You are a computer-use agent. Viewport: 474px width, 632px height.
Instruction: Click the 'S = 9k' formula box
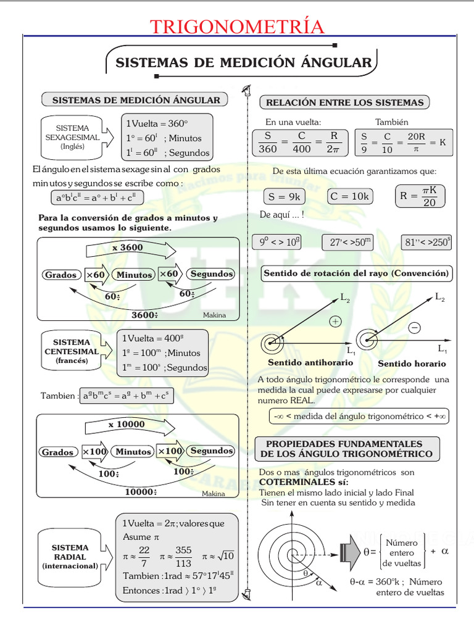(284, 196)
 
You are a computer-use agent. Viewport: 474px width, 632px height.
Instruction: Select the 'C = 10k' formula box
(349, 196)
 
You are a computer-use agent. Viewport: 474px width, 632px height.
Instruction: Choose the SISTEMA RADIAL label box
(70, 557)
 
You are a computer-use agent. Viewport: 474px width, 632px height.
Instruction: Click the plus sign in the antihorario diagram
(335, 322)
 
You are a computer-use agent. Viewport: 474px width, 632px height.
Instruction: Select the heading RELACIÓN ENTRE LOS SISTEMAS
(344, 102)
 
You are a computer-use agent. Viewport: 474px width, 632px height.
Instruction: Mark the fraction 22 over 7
(144, 556)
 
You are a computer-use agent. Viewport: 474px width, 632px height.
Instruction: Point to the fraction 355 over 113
(183, 556)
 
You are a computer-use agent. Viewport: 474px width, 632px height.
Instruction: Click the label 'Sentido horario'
(407, 364)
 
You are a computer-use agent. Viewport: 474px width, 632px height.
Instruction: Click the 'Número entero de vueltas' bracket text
(402, 553)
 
